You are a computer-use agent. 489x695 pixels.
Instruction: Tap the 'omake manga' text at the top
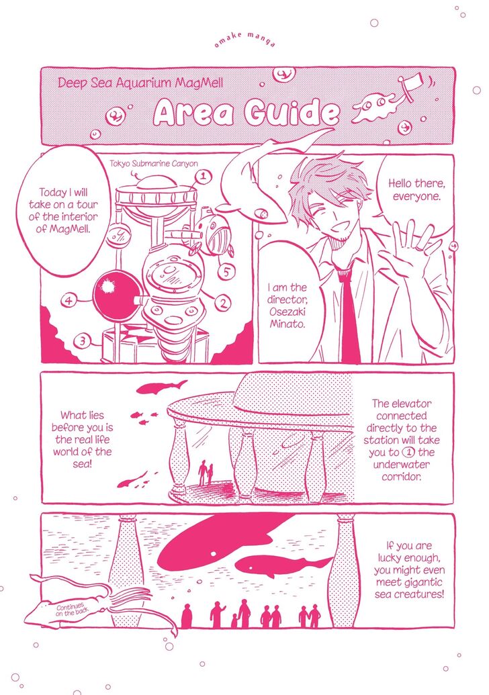coord(245,40)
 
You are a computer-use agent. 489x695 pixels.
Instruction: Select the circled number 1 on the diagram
coord(203,177)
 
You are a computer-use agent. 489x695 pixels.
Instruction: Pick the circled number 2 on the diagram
coord(222,303)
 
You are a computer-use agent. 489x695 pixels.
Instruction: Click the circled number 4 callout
coord(69,301)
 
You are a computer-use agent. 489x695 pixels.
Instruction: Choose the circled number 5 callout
coord(226,271)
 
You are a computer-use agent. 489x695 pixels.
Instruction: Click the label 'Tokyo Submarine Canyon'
coord(154,164)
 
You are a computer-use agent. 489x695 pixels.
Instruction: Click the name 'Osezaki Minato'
coord(287,318)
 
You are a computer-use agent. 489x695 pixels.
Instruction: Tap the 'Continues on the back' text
coord(71,610)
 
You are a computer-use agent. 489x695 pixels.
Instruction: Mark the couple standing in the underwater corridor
coord(206,473)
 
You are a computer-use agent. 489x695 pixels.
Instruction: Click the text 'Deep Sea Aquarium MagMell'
coord(140,83)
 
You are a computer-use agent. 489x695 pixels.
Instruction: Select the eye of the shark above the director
coord(264,214)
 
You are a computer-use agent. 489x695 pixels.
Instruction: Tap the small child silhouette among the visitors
coord(234,620)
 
